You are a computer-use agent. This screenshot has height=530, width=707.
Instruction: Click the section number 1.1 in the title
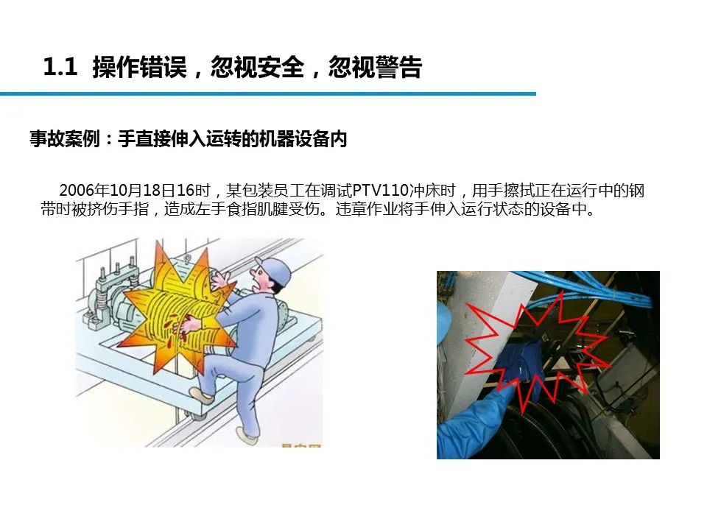click(60, 67)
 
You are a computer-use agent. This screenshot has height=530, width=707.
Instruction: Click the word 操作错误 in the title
click(139, 67)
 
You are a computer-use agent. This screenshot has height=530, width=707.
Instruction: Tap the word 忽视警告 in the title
click(375, 67)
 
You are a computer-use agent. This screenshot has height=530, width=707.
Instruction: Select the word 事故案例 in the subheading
click(65, 139)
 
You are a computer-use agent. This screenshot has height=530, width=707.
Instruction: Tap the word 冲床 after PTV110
click(424, 190)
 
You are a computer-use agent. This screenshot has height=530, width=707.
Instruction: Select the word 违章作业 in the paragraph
click(366, 210)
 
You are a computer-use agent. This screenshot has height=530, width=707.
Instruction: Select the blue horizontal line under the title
click(268, 93)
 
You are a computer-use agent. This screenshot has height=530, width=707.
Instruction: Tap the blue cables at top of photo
click(586, 289)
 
